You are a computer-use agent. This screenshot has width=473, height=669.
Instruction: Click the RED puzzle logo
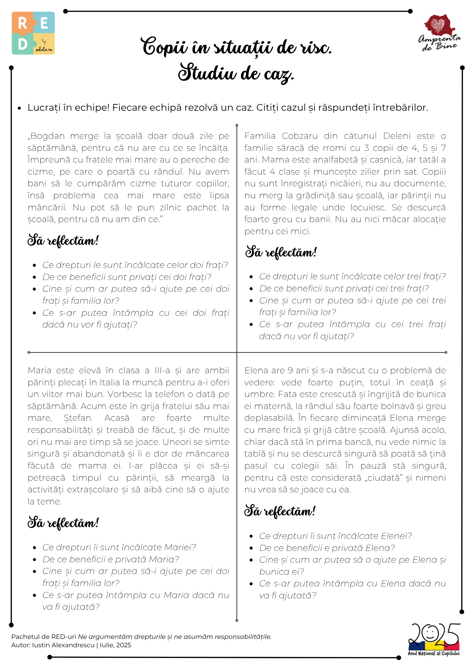click(33, 33)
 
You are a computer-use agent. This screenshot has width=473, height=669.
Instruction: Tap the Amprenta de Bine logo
click(439, 32)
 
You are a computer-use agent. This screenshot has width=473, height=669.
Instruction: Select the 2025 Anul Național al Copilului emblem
click(434, 639)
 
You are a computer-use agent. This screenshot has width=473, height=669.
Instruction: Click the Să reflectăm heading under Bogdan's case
click(63, 241)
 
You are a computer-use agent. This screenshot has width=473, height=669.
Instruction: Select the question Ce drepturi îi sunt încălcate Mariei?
click(119, 547)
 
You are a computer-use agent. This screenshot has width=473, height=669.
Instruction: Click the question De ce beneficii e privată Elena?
click(327, 548)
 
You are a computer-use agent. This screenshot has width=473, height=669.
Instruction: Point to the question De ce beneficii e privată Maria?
click(111, 559)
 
